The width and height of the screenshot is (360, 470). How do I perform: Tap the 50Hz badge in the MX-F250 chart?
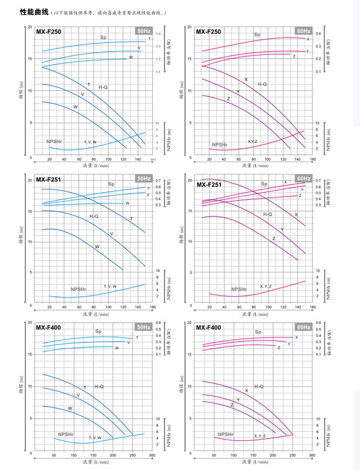point(143,31)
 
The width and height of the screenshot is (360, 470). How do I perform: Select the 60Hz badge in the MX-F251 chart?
point(304,179)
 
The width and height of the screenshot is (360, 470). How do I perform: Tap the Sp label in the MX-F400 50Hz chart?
point(98,331)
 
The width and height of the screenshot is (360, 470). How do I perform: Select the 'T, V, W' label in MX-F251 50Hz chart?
point(110,286)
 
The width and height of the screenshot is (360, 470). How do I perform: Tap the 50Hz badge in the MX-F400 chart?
point(143,327)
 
